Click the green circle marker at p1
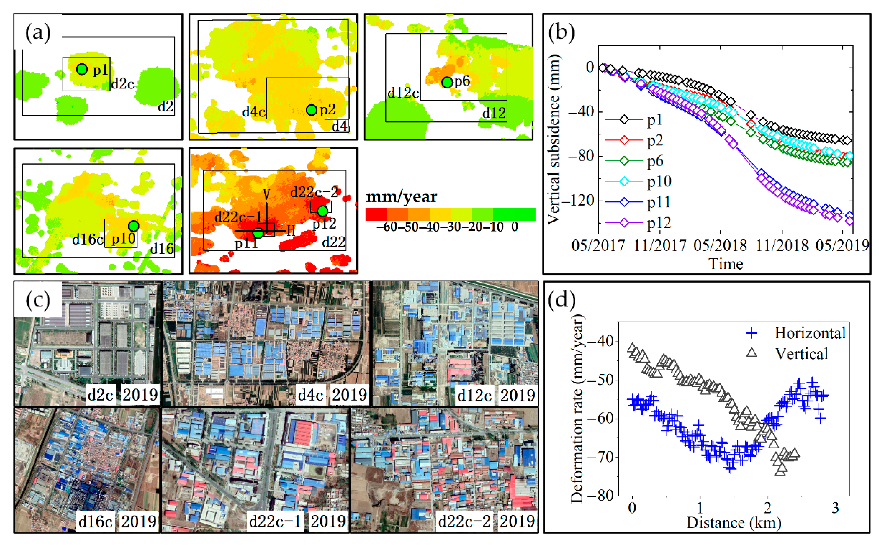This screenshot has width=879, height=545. click(82, 69)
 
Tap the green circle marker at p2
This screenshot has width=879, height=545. click(311, 110)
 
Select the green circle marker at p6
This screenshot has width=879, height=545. click(447, 82)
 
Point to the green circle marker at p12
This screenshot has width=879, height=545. click(323, 211)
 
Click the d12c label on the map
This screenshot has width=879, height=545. click(403, 93)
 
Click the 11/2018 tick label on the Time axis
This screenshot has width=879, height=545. click(782, 246)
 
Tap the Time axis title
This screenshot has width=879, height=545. click(726, 264)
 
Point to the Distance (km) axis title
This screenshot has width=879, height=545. click(734, 523)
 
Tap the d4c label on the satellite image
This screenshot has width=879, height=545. click(310, 395)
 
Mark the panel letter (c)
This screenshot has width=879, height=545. click(38, 300)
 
